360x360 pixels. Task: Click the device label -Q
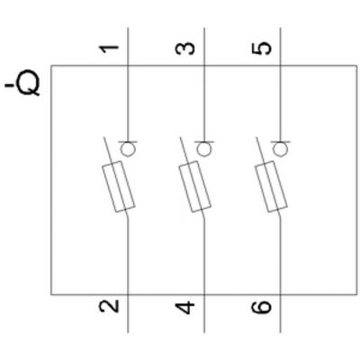pyautogui.click(x=22, y=85)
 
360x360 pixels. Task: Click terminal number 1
pyautogui.click(x=109, y=49)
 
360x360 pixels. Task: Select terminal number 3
pyautogui.click(x=184, y=49)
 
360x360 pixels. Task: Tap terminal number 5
pyautogui.click(x=261, y=49)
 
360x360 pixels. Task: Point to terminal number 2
pyautogui.click(x=109, y=307)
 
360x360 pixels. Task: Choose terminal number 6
pyautogui.click(x=261, y=307)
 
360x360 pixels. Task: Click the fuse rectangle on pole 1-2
pyautogui.click(x=119, y=186)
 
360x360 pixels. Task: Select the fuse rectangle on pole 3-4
pyautogui.click(x=195, y=186)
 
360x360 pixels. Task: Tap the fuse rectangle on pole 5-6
pyautogui.click(x=271, y=186)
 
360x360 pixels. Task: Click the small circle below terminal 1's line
pyautogui.click(x=128, y=149)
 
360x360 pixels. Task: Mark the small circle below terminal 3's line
pyautogui.click(x=204, y=149)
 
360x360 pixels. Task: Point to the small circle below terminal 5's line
pyautogui.click(x=281, y=149)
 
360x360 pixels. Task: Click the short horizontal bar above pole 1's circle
pyautogui.click(x=128, y=141)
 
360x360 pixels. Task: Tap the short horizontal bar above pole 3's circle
pyautogui.click(x=204, y=141)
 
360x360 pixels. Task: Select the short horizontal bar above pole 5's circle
pyautogui.click(x=281, y=141)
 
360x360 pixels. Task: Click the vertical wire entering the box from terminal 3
pyautogui.click(x=204, y=85)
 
